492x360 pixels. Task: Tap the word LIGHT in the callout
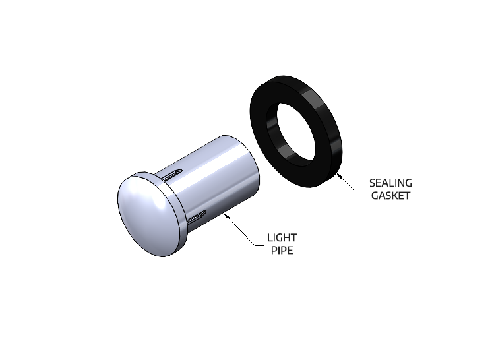pyautogui.click(x=282, y=237)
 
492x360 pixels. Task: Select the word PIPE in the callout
pyautogui.click(x=282, y=250)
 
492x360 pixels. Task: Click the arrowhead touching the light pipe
pyautogui.click(x=228, y=216)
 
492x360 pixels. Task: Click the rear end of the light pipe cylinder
pyautogui.click(x=256, y=165)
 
